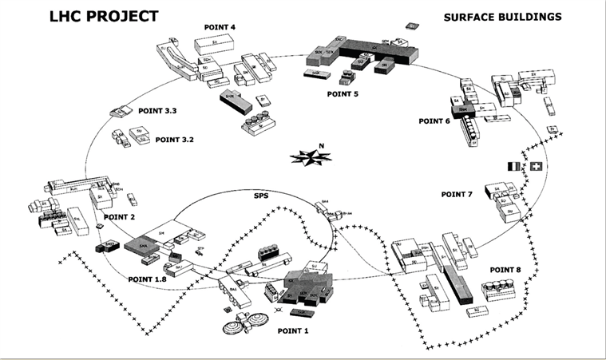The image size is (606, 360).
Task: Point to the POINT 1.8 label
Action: (147, 279)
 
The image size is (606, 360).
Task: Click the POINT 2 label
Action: (120, 216)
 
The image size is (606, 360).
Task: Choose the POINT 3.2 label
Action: (175, 140)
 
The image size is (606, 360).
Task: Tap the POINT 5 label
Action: (343, 94)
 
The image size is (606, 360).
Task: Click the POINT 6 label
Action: (434, 121)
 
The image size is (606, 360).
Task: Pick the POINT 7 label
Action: (457, 194)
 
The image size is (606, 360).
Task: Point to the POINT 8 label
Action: (505, 270)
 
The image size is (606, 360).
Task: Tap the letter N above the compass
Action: (321, 145)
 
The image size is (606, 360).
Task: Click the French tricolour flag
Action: (514, 166)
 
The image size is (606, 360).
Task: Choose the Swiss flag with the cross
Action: (535, 166)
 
